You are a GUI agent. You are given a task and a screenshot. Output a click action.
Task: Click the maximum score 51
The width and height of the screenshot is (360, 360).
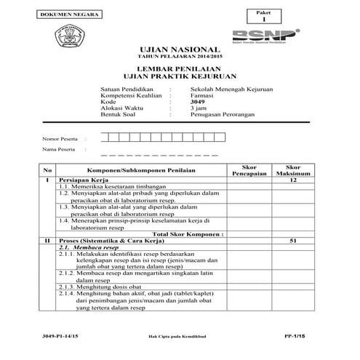tap(294, 239)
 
